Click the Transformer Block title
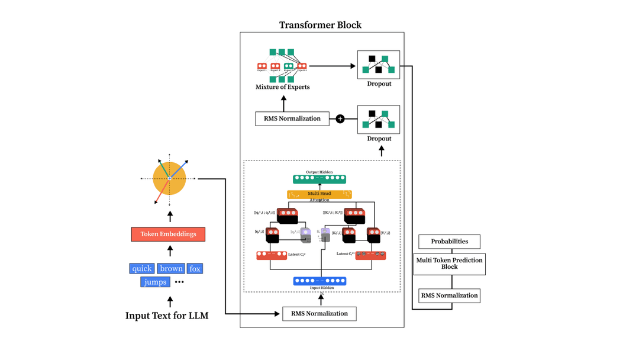[x=320, y=25]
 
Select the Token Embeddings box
[x=168, y=234]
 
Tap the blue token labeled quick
[x=141, y=269]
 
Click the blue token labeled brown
[x=171, y=269]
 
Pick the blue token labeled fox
[x=195, y=269]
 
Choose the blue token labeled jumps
[x=155, y=282]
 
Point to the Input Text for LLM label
[x=167, y=316]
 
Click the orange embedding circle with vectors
[x=169, y=178]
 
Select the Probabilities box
[x=449, y=242]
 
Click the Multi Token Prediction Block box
[x=449, y=263]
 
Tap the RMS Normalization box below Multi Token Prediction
[x=449, y=295]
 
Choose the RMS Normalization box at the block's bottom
[x=319, y=313]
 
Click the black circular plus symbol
[x=340, y=119]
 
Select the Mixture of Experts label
[x=282, y=87]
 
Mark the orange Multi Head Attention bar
[x=319, y=194]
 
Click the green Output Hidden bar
[x=319, y=178]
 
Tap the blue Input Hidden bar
[x=319, y=281]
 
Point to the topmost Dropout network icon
[x=379, y=65]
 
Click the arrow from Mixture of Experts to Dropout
[x=332, y=66]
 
